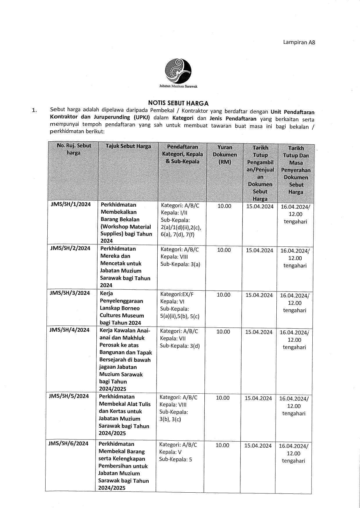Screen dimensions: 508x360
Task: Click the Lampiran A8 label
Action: pyautogui.click(x=299, y=42)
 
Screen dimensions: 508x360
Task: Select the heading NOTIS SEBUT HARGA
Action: pyautogui.click(x=178, y=103)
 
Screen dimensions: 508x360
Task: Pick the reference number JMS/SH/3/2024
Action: pyautogui.click(x=70, y=293)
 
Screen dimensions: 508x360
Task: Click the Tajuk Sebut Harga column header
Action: pyautogui.click(x=128, y=146)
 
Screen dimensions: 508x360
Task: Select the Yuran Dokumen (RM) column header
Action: pyautogui.click(x=225, y=154)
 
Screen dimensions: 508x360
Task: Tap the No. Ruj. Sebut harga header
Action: pyautogui.click(x=74, y=149)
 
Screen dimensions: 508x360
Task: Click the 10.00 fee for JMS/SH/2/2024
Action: pyautogui.click(x=224, y=250)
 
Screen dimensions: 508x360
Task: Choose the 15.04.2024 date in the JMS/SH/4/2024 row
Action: pyautogui.click(x=259, y=332)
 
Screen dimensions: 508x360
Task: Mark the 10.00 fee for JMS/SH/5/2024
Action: pyautogui.click(x=223, y=398)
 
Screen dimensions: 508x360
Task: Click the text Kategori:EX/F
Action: pyautogui.click(x=177, y=294)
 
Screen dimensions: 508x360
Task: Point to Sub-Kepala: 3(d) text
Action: pyautogui.click(x=180, y=346)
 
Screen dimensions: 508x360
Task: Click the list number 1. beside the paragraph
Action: pyautogui.click(x=35, y=110)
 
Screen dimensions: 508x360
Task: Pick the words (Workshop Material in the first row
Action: pyautogui.click(x=126, y=227)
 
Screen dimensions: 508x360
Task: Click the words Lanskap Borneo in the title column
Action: pyautogui.click(x=120, y=308)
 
